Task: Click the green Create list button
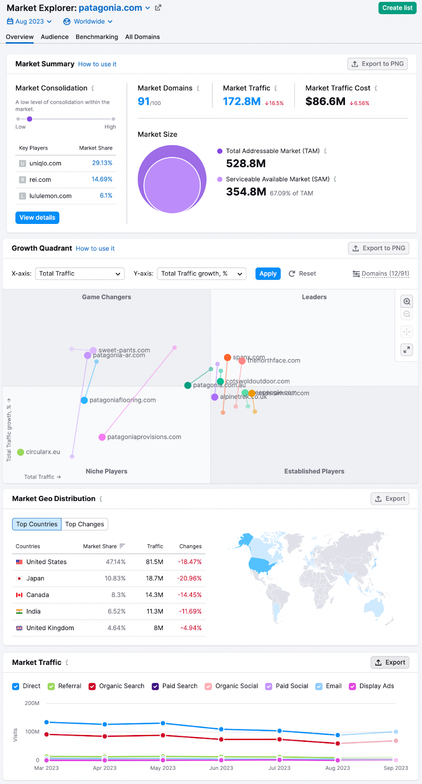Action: (397, 8)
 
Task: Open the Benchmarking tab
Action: (97, 37)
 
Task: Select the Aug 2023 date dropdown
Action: (29, 22)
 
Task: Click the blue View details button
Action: (37, 218)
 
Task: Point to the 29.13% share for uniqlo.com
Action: (102, 163)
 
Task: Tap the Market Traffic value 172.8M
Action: (241, 101)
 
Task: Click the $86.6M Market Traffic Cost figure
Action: (325, 101)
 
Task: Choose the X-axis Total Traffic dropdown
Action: (79, 273)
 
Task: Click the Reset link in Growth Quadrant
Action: (302, 273)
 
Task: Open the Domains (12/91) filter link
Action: (381, 273)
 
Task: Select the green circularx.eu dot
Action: (21, 452)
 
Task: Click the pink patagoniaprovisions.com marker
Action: (102, 437)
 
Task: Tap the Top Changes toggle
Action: (84, 524)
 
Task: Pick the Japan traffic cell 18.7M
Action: (155, 578)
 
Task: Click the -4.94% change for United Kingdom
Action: (191, 628)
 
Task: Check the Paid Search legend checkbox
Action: (155, 686)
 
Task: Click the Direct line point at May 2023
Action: (163, 723)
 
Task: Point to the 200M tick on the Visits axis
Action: (32, 703)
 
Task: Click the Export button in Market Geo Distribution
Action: (390, 499)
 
